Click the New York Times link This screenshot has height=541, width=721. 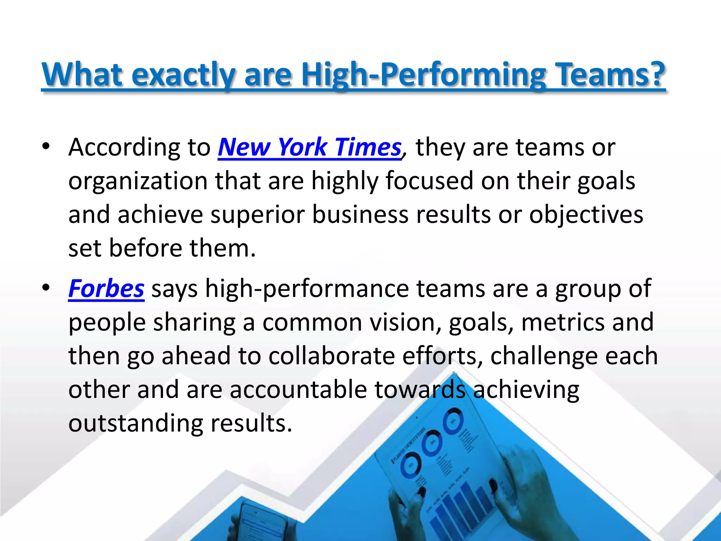pos(309,147)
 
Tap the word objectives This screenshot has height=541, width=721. pos(586,215)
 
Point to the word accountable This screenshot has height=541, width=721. pos(298,390)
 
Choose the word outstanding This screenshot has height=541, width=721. pos(136,423)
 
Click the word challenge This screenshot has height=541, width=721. pos(544,356)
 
